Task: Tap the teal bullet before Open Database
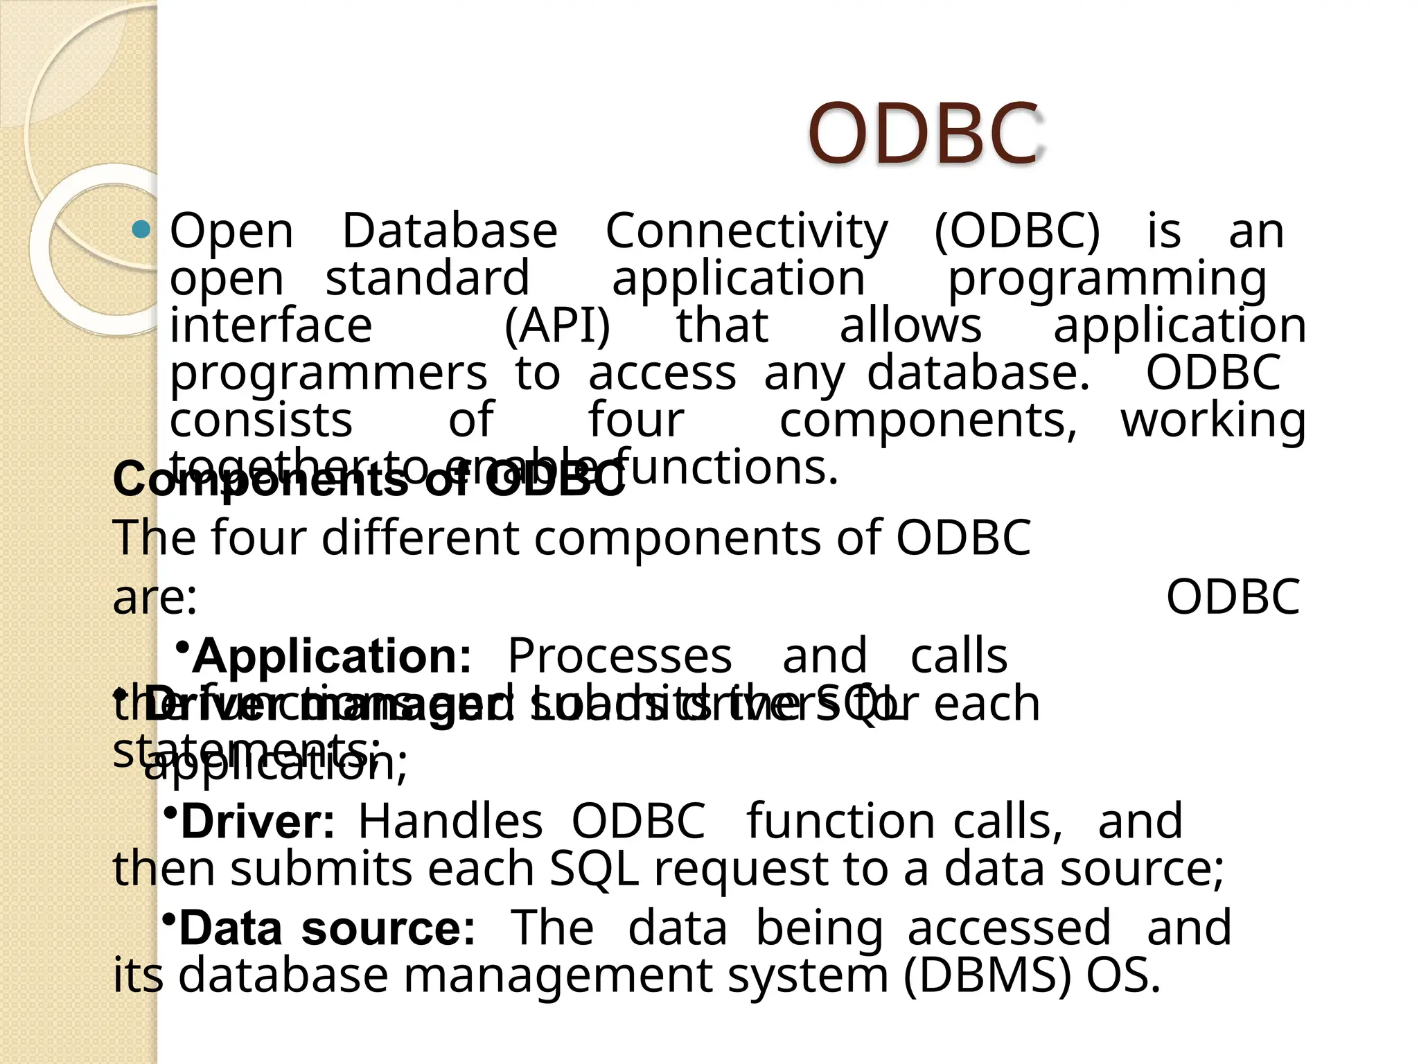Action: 141,229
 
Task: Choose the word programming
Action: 1107,279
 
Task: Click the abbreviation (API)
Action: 557,326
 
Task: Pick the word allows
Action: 910,326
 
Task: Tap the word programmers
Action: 328,374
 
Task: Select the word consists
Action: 261,420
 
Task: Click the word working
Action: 1213,421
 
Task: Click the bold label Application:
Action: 332,656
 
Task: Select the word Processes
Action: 619,656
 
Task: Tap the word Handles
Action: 450,822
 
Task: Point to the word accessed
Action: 1009,929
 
